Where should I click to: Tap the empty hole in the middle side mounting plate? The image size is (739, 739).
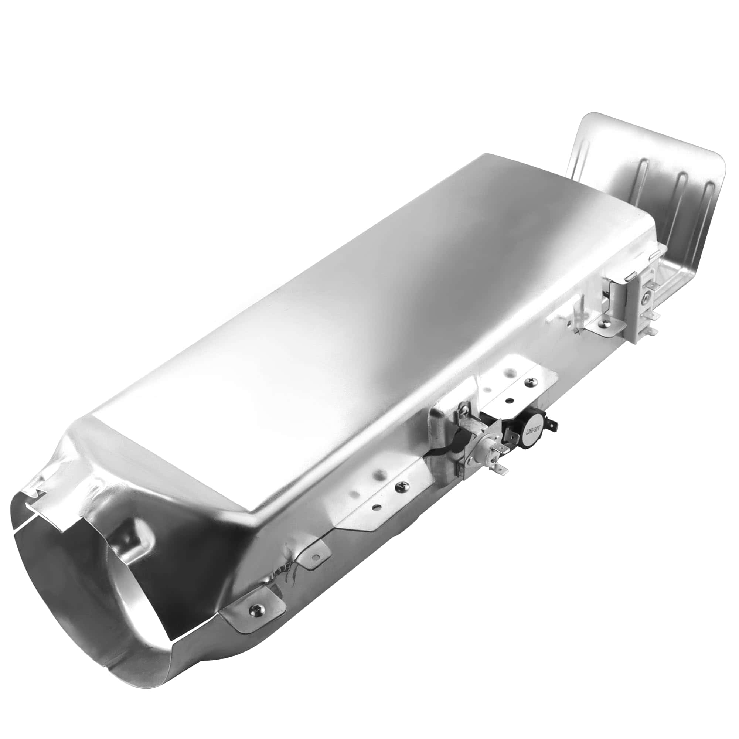[377, 507]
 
